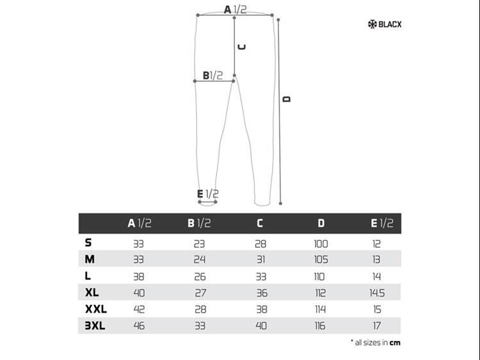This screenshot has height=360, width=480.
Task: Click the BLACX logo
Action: [x=385, y=24]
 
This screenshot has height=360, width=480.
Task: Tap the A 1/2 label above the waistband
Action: [x=235, y=10]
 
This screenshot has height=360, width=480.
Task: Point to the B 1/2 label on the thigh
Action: [x=212, y=75]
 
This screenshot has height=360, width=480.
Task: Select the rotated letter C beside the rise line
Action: [x=242, y=47]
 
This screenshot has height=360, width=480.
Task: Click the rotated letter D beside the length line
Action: [x=287, y=99]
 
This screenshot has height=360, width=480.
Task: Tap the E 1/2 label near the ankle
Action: [x=208, y=194]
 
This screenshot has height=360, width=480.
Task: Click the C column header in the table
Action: [x=260, y=223]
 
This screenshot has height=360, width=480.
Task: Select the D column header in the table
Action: [x=321, y=223]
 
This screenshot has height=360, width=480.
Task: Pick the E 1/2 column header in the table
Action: [x=381, y=223]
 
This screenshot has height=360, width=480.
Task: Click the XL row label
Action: [x=92, y=292]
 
